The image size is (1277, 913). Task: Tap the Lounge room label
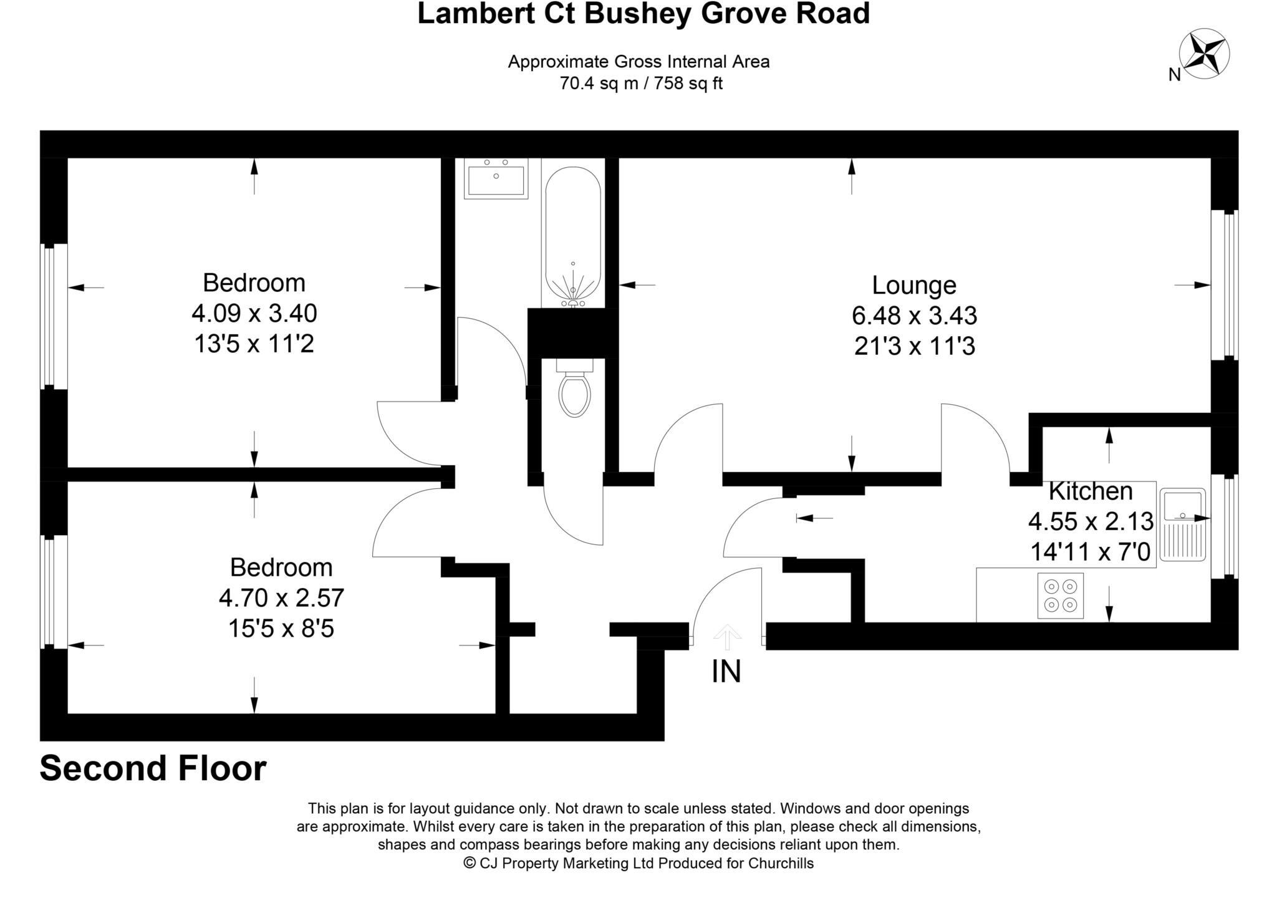pyautogui.click(x=913, y=285)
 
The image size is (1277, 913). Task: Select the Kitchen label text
pyautogui.click(x=1090, y=491)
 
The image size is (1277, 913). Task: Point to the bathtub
pyautogui.click(x=572, y=237)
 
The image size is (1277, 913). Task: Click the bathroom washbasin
pyautogui.click(x=496, y=178)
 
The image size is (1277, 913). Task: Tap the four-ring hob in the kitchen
pyautogui.click(x=1060, y=596)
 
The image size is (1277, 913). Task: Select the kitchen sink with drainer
pyautogui.click(x=1183, y=525)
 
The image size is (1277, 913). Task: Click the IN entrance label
pyautogui.click(x=726, y=672)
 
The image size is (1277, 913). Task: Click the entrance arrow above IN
pyautogui.click(x=727, y=637)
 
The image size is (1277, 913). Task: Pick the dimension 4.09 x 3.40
pyautogui.click(x=254, y=313)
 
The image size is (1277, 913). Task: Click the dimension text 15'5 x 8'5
pyautogui.click(x=281, y=628)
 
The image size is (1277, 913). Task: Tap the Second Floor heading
pyautogui.click(x=153, y=768)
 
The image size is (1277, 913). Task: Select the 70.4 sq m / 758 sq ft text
pyautogui.click(x=640, y=84)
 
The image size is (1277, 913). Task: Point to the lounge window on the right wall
pyautogui.click(x=1225, y=285)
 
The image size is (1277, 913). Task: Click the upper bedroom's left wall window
pyautogui.click(x=54, y=316)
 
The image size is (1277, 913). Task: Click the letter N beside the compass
pyautogui.click(x=1174, y=75)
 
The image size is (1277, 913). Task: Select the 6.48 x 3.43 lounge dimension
pyautogui.click(x=913, y=316)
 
